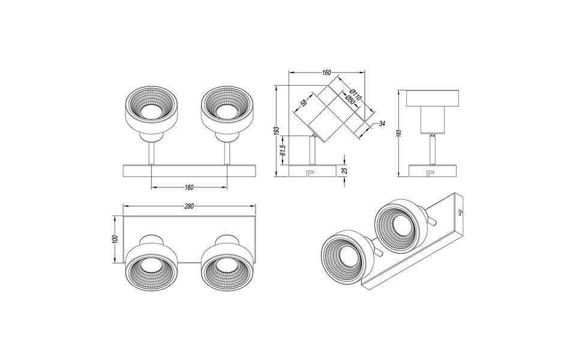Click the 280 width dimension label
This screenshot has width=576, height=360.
coord(189,206)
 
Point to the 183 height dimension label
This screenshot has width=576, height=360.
coord(398,133)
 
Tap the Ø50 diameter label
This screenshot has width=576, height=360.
coord(349,99)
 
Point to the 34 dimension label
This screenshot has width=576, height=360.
coord(382,124)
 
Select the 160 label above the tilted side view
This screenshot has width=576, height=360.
coord(326,73)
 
